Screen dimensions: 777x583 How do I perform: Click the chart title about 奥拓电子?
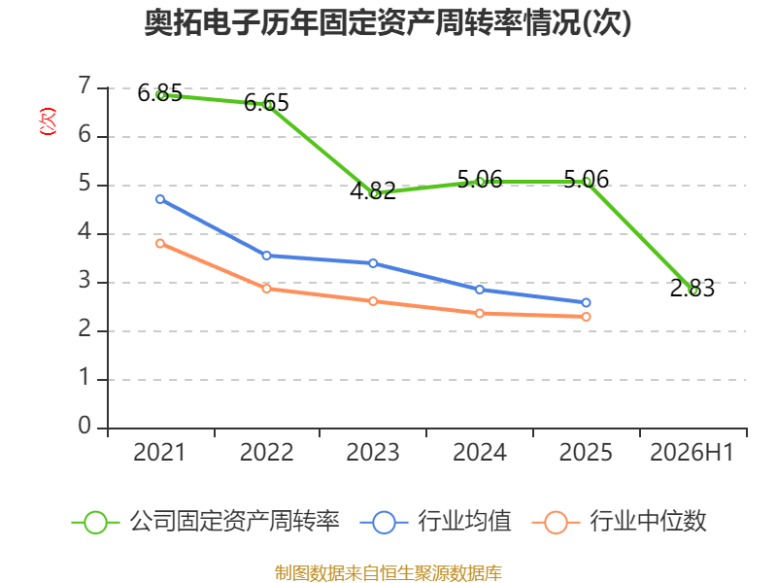(388, 22)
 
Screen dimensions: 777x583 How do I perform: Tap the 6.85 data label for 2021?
(159, 92)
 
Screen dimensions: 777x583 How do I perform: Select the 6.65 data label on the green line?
(266, 103)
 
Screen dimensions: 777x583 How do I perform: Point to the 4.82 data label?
(373, 190)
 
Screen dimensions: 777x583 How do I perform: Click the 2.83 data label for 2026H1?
(693, 288)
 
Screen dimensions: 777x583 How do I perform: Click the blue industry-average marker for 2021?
(160, 199)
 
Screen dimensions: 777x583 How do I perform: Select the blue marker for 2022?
(266, 256)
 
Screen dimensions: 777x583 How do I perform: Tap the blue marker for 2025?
(586, 302)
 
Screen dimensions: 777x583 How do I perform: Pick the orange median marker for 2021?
(160, 244)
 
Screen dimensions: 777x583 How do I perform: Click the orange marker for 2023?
(373, 301)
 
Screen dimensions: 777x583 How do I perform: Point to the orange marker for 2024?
(480, 313)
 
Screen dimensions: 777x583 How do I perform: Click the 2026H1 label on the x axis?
(692, 452)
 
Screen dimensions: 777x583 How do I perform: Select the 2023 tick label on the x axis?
(373, 452)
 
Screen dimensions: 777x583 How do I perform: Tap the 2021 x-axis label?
(159, 452)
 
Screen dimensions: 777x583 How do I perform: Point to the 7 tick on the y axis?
(84, 86)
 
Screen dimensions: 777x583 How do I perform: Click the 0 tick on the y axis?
(84, 426)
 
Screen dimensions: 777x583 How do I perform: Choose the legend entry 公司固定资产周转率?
(206, 522)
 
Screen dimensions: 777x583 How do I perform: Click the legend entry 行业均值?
(435, 522)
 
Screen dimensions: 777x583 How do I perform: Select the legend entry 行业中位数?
(619, 522)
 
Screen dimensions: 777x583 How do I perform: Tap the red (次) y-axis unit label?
(48, 121)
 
